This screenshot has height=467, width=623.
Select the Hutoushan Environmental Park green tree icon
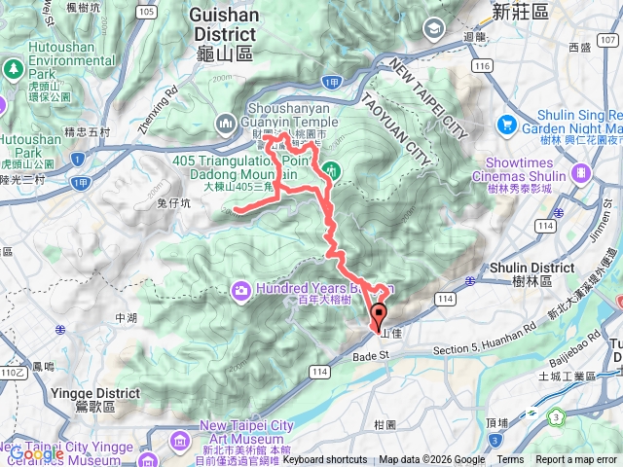[x=13, y=70]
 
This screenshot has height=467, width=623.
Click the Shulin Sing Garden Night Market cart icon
[x=506, y=125]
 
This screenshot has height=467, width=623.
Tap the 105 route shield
[x=146, y=12]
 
